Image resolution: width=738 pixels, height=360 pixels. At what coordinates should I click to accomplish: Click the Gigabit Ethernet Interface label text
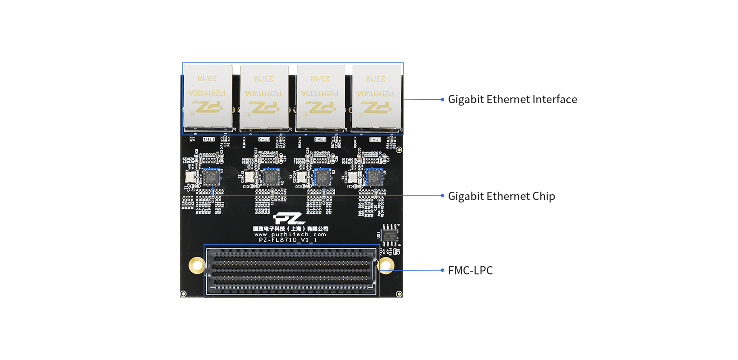(512, 99)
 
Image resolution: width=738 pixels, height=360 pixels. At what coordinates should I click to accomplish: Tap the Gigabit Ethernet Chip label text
(501, 196)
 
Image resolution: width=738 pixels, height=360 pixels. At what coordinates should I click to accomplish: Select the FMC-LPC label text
(470, 270)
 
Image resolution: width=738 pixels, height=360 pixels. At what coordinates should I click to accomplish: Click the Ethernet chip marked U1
(211, 177)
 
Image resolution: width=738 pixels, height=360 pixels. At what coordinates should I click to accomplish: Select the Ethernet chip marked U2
(270, 177)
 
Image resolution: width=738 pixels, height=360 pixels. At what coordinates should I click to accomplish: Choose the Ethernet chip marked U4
(374, 177)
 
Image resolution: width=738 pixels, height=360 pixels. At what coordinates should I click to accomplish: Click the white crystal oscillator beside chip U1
(190, 177)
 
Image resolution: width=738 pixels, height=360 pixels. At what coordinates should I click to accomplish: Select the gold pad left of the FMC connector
(196, 266)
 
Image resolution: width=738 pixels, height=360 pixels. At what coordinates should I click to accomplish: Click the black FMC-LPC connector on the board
(292, 270)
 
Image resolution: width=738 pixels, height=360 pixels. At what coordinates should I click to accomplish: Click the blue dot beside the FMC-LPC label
(442, 270)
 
